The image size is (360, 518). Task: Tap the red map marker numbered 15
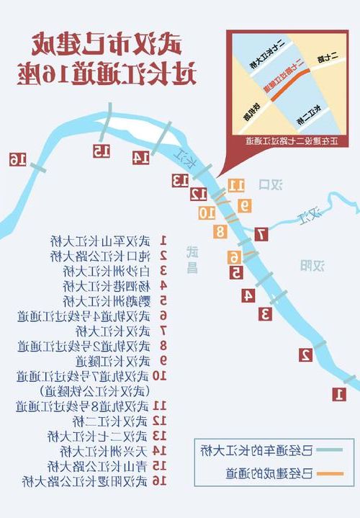(x=101, y=151)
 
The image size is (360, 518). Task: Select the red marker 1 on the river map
(x=339, y=394)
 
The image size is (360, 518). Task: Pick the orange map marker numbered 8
(x=220, y=231)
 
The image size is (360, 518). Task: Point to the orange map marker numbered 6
(x=233, y=257)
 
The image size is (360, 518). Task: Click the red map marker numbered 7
(x=261, y=234)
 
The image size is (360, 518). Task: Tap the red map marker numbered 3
(x=265, y=313)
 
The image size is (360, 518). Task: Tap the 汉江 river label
(x=312, y=214)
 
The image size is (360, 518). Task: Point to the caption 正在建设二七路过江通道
(x=291, y=141)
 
